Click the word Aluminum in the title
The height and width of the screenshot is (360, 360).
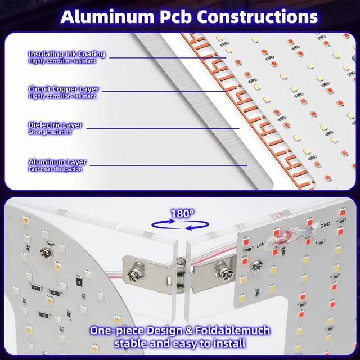(x=107, y=17)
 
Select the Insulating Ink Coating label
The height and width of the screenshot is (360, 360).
(x=66, y=54)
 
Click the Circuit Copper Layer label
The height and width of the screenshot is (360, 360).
(x=64, y=89)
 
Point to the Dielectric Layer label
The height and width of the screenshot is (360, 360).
(x=55, y=125)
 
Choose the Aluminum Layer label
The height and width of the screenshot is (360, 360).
(x=57, y=162)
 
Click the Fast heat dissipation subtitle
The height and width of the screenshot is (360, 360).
(x=55, y=169)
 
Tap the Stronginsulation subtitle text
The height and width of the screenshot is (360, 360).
(x=50, y=132)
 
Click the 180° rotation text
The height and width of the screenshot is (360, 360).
(x=182, y=214)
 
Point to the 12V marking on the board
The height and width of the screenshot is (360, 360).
(x=260, y=245)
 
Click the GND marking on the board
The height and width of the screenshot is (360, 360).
(x=326, y=224)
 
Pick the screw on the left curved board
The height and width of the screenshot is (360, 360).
(x=47, y=254)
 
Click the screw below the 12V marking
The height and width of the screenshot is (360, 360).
(x=256, y=267)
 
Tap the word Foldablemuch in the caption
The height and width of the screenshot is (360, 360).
(x=232, y=331)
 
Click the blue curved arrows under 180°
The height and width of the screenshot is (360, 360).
(x=181, y=225)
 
